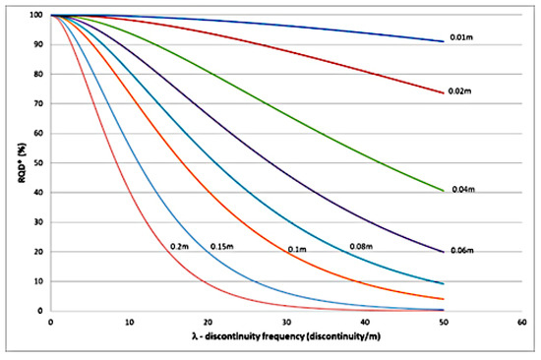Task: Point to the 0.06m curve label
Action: [465, 251]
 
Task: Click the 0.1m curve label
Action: [297, 250]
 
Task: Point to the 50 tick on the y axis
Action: [36, 163]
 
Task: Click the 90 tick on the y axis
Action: [36, 45]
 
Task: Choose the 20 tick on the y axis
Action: [36, 252]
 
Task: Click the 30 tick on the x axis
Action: [285, 322]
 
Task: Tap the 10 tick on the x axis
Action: [129, 322]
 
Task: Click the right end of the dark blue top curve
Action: [443, 41]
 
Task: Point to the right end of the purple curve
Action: [443, 251]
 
